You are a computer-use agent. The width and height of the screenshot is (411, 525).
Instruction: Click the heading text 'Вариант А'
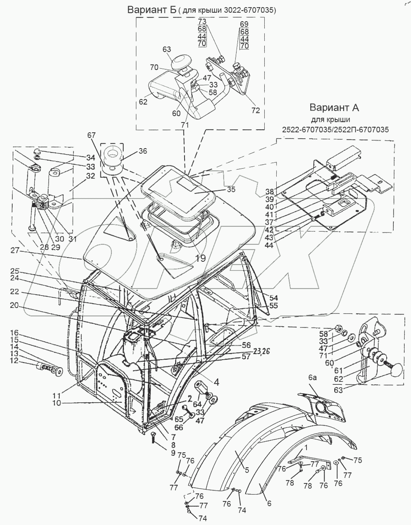pyautogui.click(x=334, y=108)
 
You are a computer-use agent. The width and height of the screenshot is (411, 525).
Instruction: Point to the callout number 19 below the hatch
pyautogui.click(x=200, y=258)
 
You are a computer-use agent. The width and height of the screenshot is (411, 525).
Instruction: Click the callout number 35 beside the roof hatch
pyautogui.click(x=231, y=190)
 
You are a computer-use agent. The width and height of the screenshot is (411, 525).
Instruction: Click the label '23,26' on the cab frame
pyautogui.click(x=261, y=351)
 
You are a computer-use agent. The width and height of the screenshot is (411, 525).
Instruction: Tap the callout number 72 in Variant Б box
pyautogui.click(x=256, y=111)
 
